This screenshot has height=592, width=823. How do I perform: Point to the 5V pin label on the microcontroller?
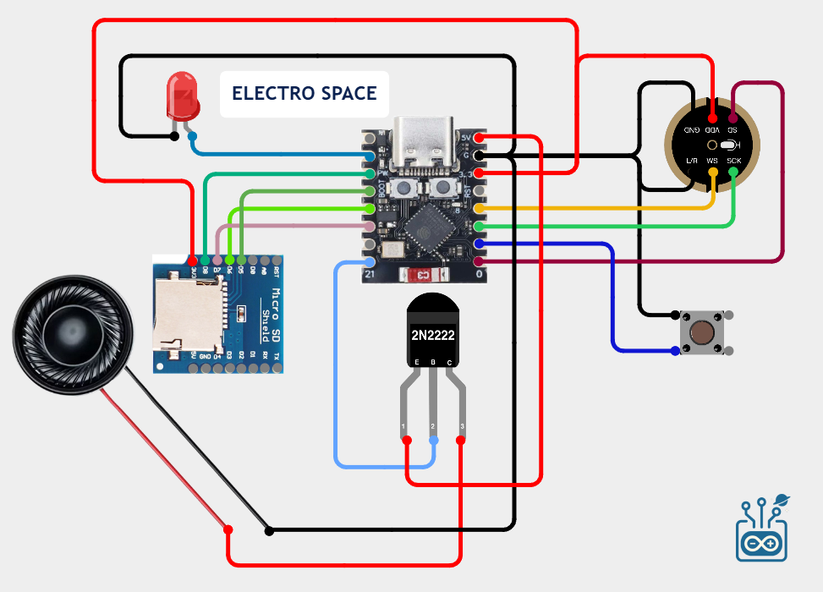pos(467,137)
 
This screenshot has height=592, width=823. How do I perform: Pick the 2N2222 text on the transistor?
pos(433,336)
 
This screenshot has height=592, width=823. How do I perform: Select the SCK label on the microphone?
pos(733,161)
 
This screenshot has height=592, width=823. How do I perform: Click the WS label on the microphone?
pos(713,161)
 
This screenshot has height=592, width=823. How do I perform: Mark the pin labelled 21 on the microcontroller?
pos(370,275)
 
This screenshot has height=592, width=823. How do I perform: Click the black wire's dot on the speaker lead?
pos(270,531)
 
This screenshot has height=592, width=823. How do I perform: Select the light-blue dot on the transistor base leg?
pos(435,441)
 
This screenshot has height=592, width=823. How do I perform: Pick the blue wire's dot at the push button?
pos(674,349)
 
